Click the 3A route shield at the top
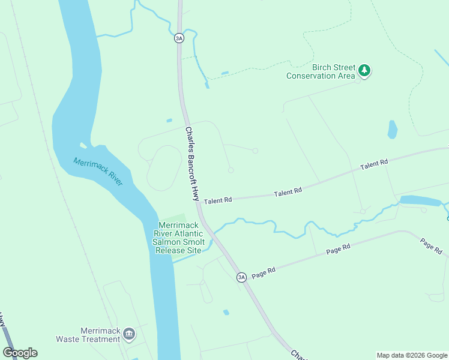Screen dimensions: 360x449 [x=178, y=38]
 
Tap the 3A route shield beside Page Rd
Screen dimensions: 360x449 [x=241, y=277]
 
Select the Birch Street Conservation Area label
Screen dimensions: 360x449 [x=321, y=72]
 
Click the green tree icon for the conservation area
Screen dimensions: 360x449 [x=364, y=71]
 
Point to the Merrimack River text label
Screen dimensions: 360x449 [x=98, y=171]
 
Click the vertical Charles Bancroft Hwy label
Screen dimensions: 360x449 [x=192, y=163]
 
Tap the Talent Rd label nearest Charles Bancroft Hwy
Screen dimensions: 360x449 [x=217, y=201]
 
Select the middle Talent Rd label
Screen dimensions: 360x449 [x=287, y=193]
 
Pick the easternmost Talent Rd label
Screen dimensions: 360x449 [x=374, y=163]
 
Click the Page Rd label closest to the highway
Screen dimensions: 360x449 [x=263, y=272]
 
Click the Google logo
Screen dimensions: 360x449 [x=20, y=353]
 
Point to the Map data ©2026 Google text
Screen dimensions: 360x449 [x=411, y=355]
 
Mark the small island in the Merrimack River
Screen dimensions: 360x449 [x=83, y=145]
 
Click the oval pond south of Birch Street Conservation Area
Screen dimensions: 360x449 [x=392, y=129]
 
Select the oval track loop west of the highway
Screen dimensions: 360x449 [x=164, y=168]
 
